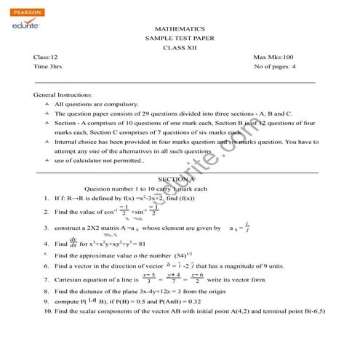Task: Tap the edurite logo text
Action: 21,24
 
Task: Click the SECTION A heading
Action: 175,179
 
